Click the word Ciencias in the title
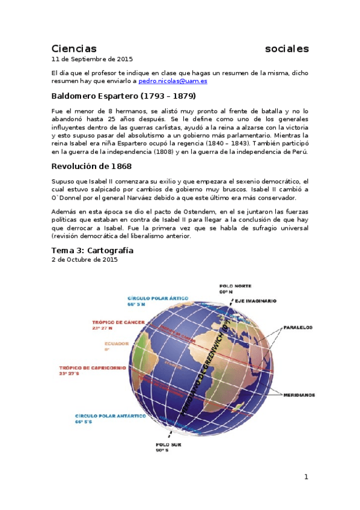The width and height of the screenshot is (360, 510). point(74,49)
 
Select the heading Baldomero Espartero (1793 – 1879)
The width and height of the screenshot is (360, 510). point(123,96)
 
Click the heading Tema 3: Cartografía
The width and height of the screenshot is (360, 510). point(92,250)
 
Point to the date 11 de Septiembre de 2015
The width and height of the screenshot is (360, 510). point(92,60)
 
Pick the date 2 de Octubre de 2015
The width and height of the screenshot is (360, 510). point(84,260)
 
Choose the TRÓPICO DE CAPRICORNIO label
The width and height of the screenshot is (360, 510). point(92,367)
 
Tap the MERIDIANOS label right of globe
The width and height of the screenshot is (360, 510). point(301,395)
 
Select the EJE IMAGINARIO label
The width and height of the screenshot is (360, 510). point(256,300)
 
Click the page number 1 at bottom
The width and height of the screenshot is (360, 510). point(306,477)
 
